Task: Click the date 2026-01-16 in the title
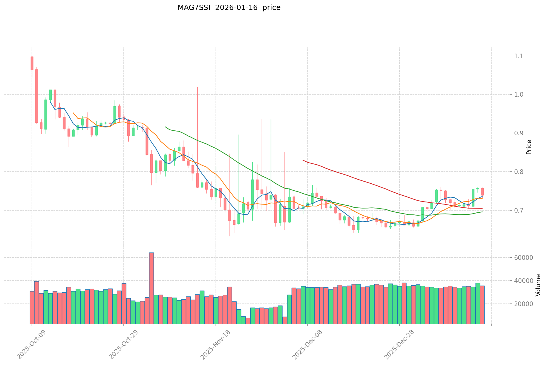click(x=236, y=8)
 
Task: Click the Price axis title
click(x=529, y=147)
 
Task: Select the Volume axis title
click(x=538, y=285)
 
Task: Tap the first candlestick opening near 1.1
click(x=32, y=63)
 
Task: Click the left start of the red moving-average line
click(x=303, y=160)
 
